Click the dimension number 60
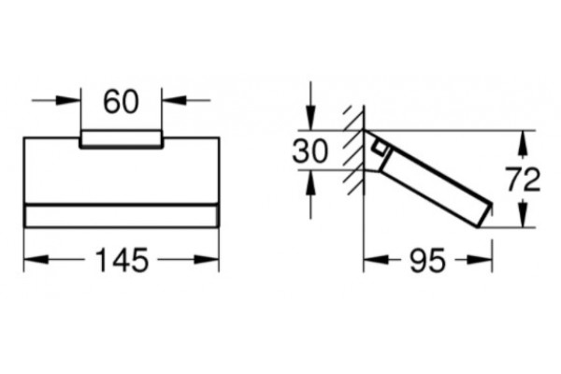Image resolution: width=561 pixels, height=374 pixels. tap(121, 102)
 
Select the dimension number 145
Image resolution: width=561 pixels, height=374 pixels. tap(122, 260)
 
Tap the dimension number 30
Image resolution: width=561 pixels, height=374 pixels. tap(309, 151)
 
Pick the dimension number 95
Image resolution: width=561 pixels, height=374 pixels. tap(428, 260)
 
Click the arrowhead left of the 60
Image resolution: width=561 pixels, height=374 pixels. tap(68, 100)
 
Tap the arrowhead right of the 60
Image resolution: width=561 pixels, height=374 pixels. tap(174, 100)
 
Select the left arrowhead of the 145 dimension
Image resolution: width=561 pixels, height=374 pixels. tap(36, 260)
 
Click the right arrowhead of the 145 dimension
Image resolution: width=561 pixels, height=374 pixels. tap(207, 260)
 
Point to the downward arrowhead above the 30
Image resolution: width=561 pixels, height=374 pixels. tap(310, 118)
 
